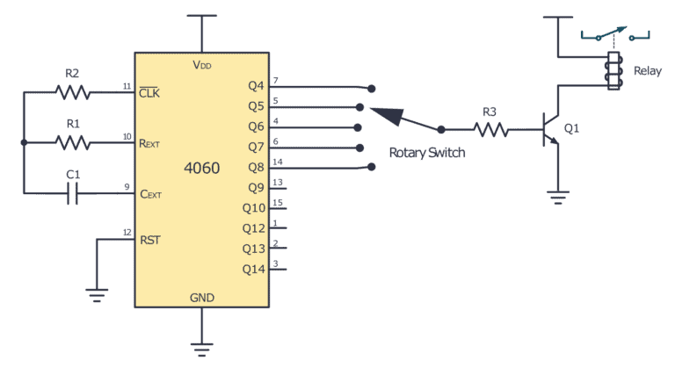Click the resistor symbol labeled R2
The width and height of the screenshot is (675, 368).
pyautogui.click(x=72, y=91)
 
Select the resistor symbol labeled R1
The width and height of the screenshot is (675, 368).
pyautogui.click(x=72, y=142)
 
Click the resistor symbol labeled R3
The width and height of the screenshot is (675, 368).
pyautogui.click(x=492, y=130)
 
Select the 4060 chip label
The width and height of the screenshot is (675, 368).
pyautogui.click(x=202, y=168)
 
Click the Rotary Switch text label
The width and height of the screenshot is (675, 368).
pyautogui.click(x=427, y=153)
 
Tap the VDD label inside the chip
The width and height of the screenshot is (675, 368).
pyautogui.click(x=202, y=65)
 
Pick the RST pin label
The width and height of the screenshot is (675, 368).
pyautogui.click(x=151, y=238)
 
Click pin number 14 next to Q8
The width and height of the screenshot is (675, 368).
pyautogui.click(x=278, y=161)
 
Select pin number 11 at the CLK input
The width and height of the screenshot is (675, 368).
pyautogui.click(x=127, y=85)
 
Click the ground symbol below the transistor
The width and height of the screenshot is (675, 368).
pyautogui.click(x=556, y=198)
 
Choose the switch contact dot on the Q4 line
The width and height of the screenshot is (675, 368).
pyautogui.click(x=372, y=89)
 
